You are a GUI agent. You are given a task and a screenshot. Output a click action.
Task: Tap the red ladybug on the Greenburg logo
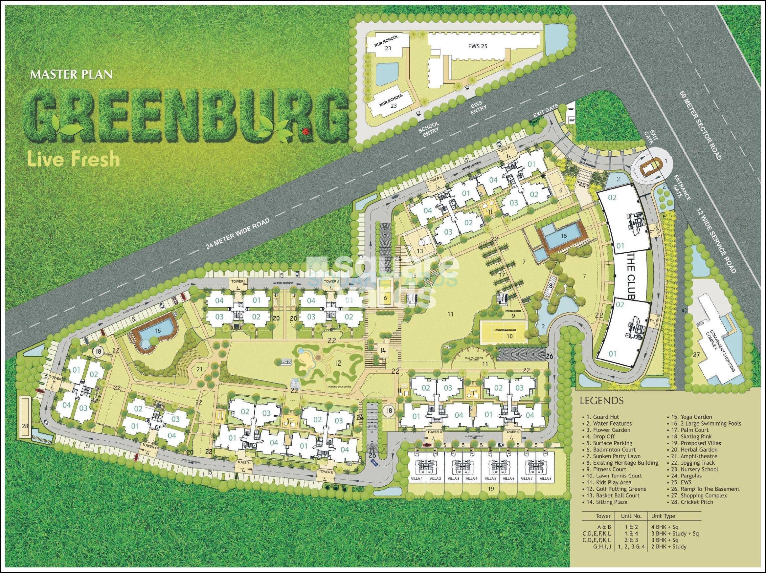pyautogui.click(x=305, y=131)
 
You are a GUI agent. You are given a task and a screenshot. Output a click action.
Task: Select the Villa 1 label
pyautogui.click(x=417, y=479)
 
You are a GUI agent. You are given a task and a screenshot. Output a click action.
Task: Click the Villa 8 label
pyautogui.click(x=545, y=479)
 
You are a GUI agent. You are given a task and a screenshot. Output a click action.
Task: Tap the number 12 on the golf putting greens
pyautogui.click(x=338, y=363)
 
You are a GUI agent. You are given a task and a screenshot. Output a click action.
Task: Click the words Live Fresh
pyautogui.click(x=74, y=159)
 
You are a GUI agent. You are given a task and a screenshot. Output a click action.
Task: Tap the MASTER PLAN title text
pyautogui.click(x=71, y=75)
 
